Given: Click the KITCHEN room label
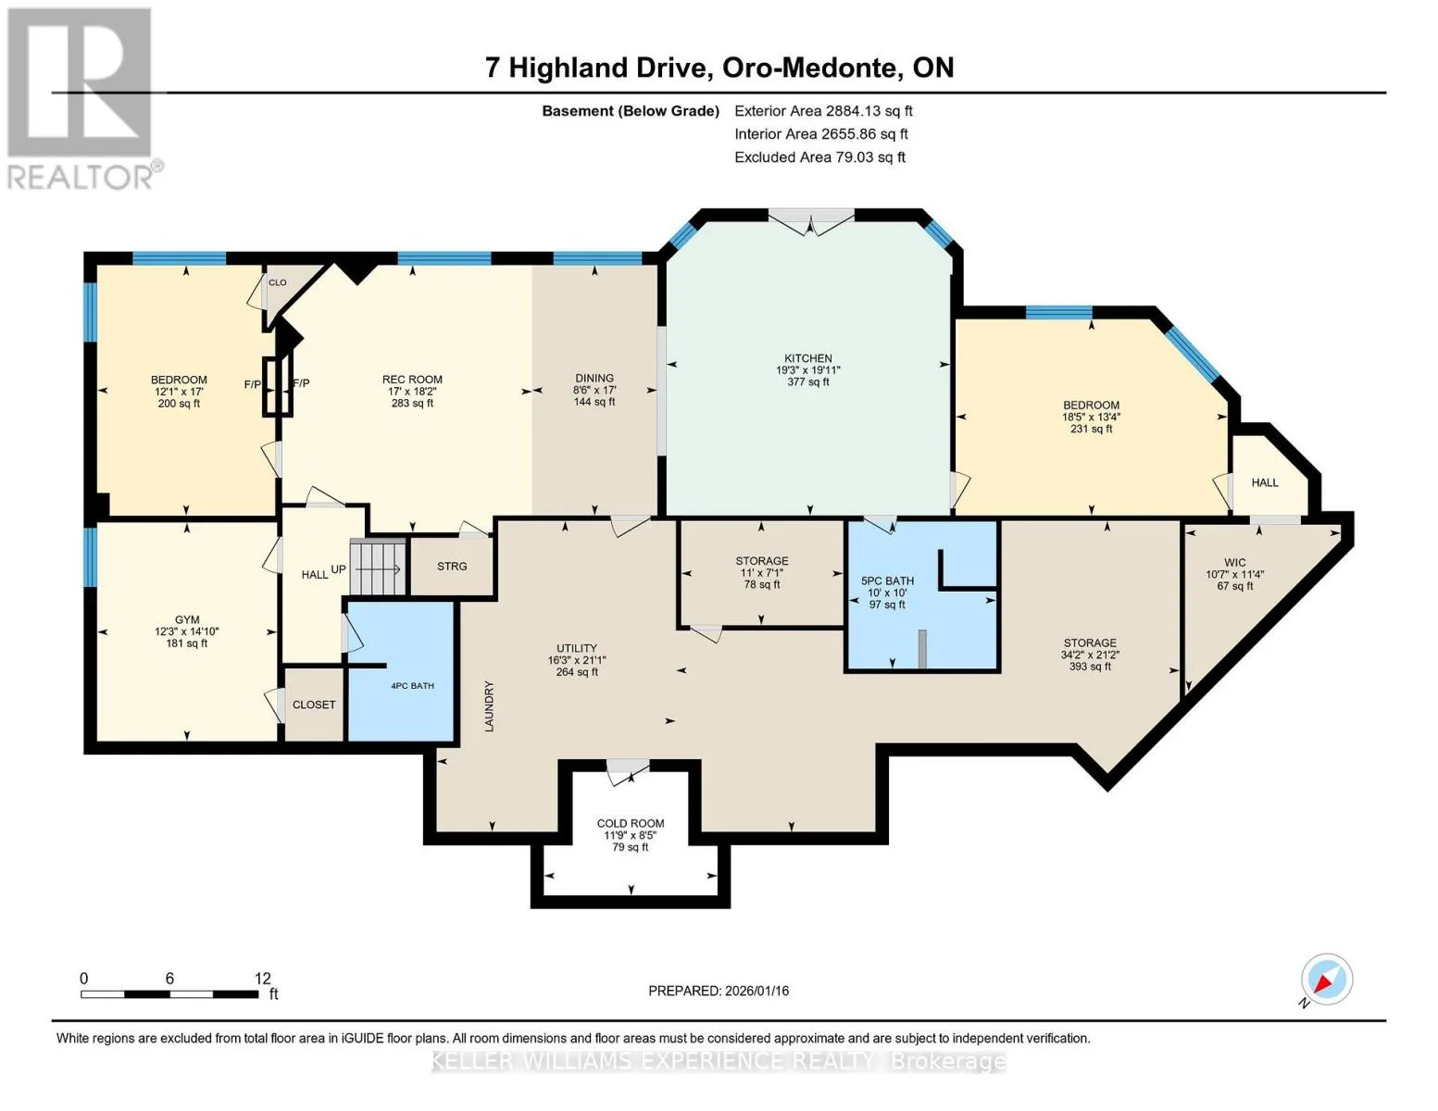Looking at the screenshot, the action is click(808, 358).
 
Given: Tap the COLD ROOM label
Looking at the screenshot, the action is click(630, 823).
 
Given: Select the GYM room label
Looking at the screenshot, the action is click(187, 619).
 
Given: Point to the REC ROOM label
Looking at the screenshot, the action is click(412, 380).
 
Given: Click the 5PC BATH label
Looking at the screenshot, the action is click(887, 580).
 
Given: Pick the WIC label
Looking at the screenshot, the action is click(1235, 563).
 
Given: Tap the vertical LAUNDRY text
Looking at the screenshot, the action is click(489, 706).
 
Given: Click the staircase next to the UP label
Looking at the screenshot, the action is click(377, 568).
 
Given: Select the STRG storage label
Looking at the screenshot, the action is click(452, 567).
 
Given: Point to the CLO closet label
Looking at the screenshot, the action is click(277, 282).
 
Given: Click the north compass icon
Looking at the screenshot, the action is click(1326, 980).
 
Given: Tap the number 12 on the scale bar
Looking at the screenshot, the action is click(263, 978).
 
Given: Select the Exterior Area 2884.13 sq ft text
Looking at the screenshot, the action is click(823, 111).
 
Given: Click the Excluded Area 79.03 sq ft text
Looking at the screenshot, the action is click(819, 157).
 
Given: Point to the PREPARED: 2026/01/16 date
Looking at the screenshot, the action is click(719, 991).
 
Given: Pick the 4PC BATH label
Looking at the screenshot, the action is click(412, 685).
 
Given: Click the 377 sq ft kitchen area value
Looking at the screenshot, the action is click(808, 381).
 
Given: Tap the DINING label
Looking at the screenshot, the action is click(594, 378).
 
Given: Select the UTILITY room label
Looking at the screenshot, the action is click(576, 648).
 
